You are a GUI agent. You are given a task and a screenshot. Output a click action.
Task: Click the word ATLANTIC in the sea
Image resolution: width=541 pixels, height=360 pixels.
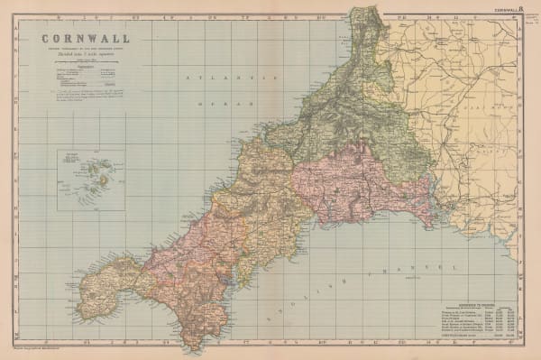(x=213, y=79)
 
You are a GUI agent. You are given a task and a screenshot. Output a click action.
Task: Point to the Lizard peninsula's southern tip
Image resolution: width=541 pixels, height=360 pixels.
(x=190, y=346)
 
